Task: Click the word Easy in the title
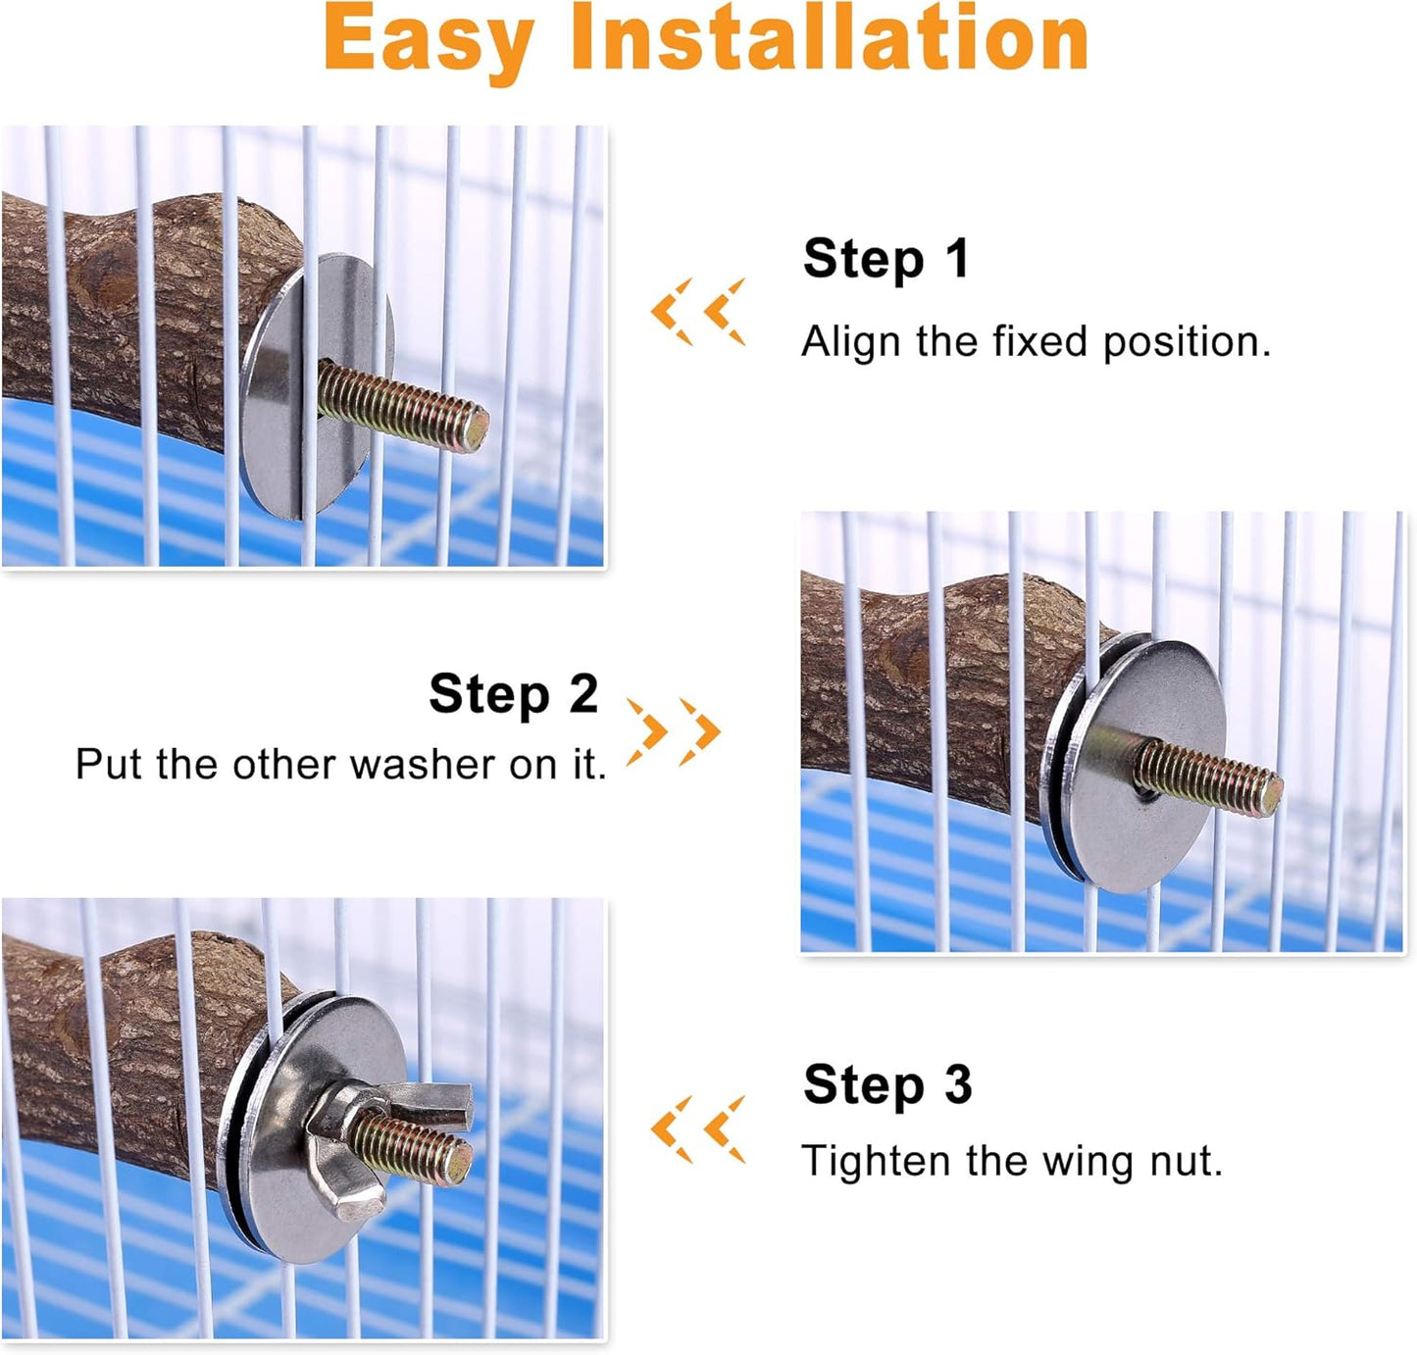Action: tap(428, 41)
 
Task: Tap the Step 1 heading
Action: tap(886, 260)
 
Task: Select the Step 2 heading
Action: tap(513, 694)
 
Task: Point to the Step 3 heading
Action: tap(886, 1085)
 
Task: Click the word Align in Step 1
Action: tap(850, 342)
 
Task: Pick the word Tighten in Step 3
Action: tap(876, 1162)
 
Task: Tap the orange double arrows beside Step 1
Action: tap(698, 312)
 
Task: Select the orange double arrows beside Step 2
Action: tap(674, 731)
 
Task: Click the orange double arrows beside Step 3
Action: tap(698, 1129)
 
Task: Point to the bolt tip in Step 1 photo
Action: tap(475, 428)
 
